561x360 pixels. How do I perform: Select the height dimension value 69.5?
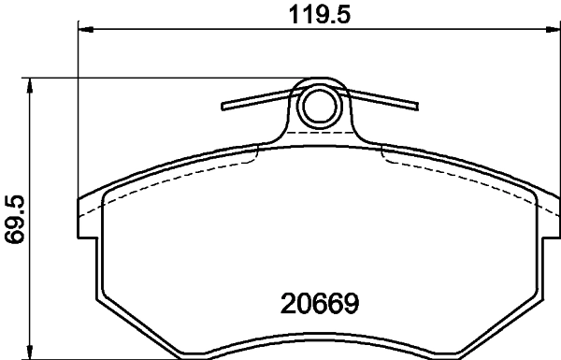14,220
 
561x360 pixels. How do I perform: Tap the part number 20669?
321,305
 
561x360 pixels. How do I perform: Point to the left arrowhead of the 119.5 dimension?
84,30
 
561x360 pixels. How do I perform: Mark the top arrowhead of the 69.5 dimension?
32,84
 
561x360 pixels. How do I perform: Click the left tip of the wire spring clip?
223,106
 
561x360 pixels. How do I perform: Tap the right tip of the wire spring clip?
416,106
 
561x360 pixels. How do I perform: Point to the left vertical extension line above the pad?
78,112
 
